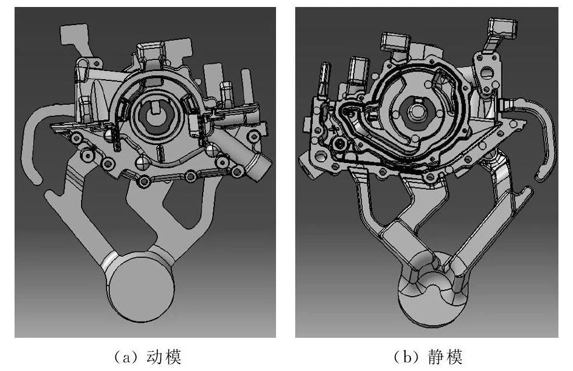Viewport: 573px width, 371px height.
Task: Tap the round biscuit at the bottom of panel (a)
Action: (x=141, y=287)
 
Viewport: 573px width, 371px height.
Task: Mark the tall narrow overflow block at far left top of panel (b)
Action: (x=324, y=79)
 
